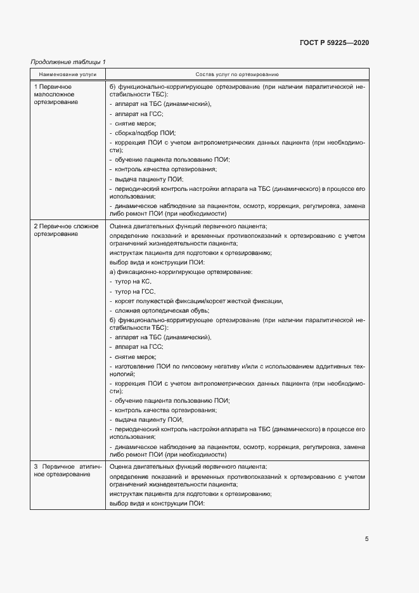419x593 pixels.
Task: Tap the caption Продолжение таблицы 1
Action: [x=68, y=62]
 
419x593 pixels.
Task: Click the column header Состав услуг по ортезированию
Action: [x=237, y=74]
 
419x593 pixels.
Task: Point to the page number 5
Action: [x=367, y=539]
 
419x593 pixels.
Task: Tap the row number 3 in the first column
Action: [x=36, y=466]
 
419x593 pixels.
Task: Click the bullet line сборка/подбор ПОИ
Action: [x=143, y=133]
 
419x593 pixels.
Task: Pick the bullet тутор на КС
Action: [x=131, y=281]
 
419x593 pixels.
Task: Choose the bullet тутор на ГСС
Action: [x=132, y=291]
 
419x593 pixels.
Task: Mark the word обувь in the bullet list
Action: [x=197, y=311]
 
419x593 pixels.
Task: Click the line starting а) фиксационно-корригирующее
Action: [x=181, y=271]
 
